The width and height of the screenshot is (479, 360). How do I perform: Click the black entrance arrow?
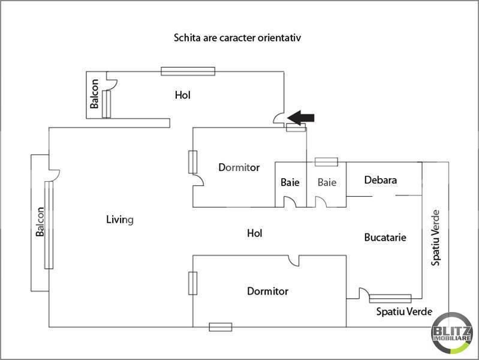point(302,116)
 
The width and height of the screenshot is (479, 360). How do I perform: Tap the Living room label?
point(119,220)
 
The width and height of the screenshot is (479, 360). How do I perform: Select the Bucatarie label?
point(385,238)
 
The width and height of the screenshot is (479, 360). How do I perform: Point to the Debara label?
point(381,179)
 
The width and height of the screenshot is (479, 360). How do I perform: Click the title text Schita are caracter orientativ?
point(237,38)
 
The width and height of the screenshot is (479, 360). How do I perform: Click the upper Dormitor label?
point(239,168)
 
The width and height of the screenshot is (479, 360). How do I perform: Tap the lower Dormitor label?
point(267,292)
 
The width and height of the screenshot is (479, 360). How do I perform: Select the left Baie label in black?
point(290,182)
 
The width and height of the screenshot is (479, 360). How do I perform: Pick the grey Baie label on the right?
point(327,182)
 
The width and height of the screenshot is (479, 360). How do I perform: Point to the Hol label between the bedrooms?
point(255,233)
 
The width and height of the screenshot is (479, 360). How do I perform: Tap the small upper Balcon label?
point(95,95)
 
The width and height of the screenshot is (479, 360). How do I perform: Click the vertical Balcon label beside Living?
point(40,222)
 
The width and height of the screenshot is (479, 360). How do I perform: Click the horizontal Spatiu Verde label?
point(405,312)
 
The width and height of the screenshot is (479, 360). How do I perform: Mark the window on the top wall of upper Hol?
point(188,71)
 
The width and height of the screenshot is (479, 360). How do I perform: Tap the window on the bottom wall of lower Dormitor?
point(220,327)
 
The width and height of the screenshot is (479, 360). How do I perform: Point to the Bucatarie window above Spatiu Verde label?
point(390,298)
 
